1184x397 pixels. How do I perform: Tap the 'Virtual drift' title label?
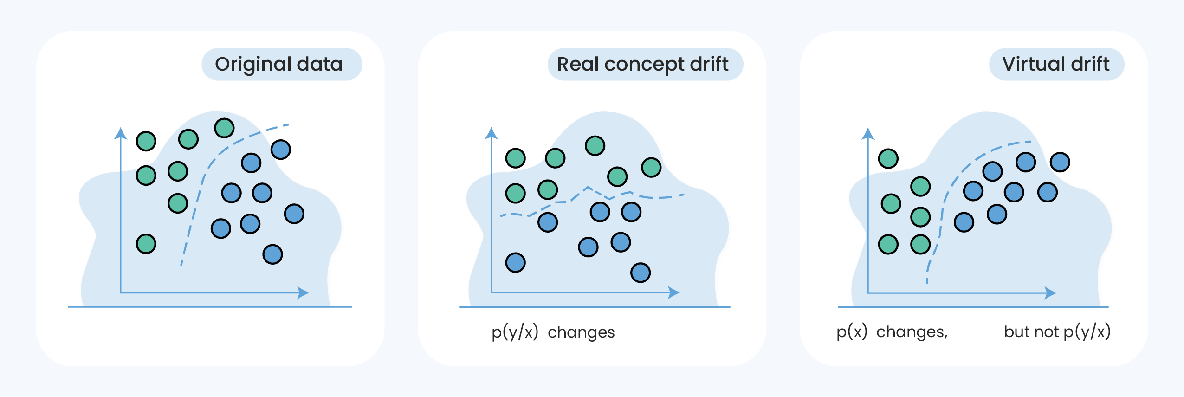1056,64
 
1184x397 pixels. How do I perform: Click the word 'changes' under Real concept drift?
581,332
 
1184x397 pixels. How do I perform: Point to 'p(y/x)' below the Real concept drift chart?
515,332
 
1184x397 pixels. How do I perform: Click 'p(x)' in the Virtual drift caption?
852,332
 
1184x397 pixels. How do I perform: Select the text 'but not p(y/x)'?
1057,332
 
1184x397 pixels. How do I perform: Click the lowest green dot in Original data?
146,244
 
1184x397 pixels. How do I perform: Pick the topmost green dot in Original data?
224,128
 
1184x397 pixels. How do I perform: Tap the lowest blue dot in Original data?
272,254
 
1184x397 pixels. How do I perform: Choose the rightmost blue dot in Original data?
294,214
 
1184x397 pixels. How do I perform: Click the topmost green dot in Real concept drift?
595,145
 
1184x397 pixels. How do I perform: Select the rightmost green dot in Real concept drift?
651,167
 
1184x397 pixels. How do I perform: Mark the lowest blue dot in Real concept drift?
641,273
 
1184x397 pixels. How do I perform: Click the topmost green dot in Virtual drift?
888,159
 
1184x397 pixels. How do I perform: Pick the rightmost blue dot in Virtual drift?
1060,162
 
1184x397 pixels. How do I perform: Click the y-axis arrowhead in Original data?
121,133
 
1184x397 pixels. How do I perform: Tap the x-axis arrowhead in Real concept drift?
674,293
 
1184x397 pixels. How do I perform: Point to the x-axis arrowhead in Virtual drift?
1051,293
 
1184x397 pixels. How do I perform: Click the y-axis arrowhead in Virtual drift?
868,134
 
